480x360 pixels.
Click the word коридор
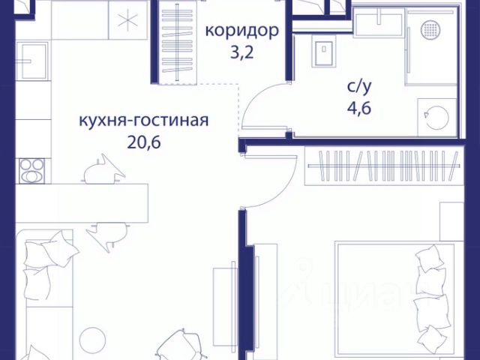(x=242, y=31)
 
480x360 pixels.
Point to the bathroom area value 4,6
(x=358, y=106)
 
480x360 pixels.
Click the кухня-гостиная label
(x=142, y=120)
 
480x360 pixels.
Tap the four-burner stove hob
(x=32, y=170)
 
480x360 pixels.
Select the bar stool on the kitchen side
(x=101, y=171)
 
